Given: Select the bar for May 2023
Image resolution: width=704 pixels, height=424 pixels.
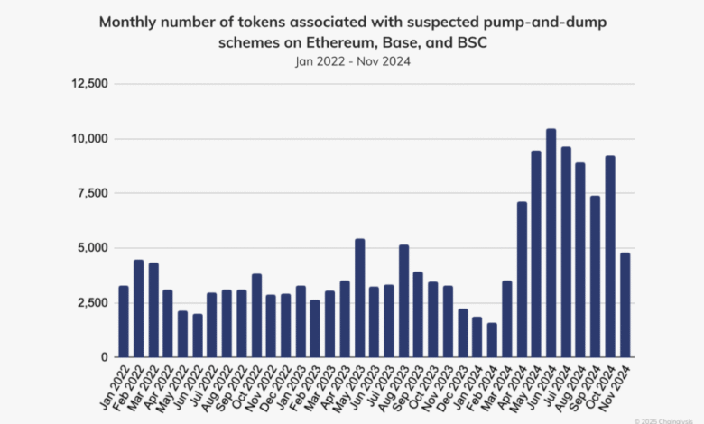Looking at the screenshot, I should coord(359,298).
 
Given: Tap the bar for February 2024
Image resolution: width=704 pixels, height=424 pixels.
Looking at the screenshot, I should coord(492,340).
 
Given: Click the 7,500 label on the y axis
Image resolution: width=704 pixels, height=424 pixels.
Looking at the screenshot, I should coord(93,193).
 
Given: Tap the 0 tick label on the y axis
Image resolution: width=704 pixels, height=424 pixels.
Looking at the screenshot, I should coord(105,357).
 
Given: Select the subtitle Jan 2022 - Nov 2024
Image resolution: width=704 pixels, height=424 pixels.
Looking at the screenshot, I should coord(351,61).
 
